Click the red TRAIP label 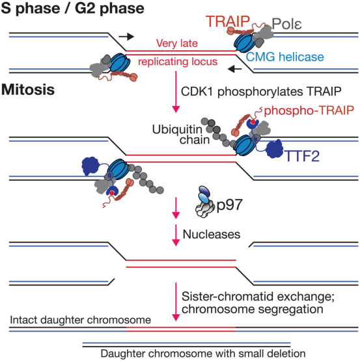pos(228,21)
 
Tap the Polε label pos(286,24)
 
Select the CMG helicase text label pos(285,57)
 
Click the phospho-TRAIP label pos(309,111)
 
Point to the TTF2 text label pos(302,156)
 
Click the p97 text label pos(230,205)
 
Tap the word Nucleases pos(212,234)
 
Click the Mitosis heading pos(28,90)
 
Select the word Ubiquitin pos(177,129)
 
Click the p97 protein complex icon pos(203,202)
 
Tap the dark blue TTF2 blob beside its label pos(275,149)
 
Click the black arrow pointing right pos(126,36)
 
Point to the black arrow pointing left pos(234,68)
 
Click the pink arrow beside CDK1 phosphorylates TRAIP pos(176,92)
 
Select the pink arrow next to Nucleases pos(176,235)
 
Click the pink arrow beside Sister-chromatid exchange pos(176,302)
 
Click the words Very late pos(177,44)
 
